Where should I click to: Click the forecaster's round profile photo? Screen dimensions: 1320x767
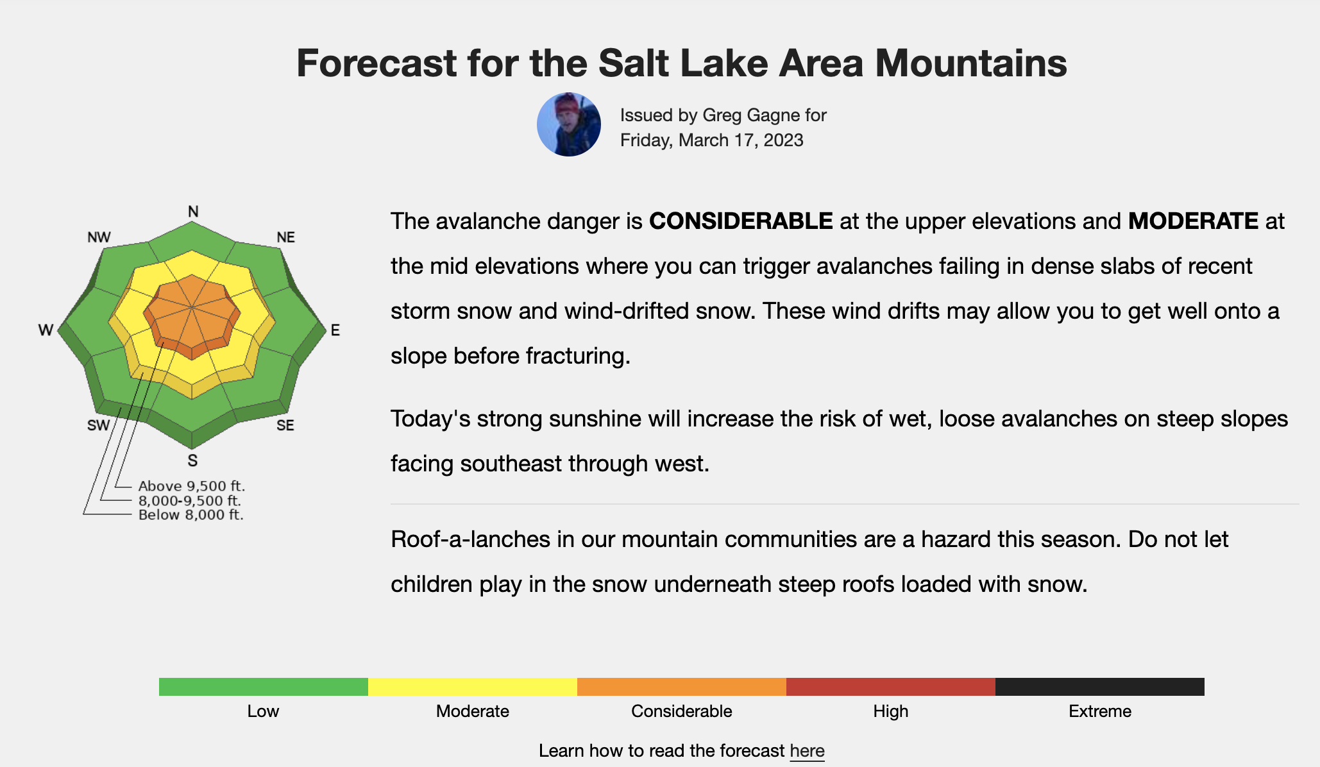(x=569, y=124)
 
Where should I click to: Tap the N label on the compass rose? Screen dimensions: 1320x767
(x=193, y=212)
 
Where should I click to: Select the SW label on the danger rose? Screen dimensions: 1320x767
(x=99, y=426)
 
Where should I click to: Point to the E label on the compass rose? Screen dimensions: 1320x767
(x=335, y=330)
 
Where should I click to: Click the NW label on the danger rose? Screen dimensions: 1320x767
(x=99, y=237)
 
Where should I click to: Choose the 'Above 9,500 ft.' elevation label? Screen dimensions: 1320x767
(x=192, y=486)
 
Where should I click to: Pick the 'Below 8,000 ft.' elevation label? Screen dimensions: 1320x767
(x=191, y=515)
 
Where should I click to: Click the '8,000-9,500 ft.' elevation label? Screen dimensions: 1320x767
(x=190, y=501)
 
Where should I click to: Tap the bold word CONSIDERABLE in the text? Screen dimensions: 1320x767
(x=741, y=221)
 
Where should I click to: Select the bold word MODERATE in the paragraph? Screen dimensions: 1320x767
(x=1193, y=221)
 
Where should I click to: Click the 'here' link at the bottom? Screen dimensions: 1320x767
(x=807, y=751)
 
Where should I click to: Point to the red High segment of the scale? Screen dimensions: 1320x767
(x=891, y=687)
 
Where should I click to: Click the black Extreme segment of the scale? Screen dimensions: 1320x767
(x=1100, y=687)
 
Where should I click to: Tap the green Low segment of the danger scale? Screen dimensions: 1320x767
(x=264, y=687)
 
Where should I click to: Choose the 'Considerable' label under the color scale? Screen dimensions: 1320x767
(x=682, y=711)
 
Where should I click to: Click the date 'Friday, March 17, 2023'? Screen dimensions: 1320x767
(x=712, y=140)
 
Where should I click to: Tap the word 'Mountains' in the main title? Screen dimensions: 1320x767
(x=971, y=63)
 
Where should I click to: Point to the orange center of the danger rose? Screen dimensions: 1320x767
(x=192, y=314)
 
